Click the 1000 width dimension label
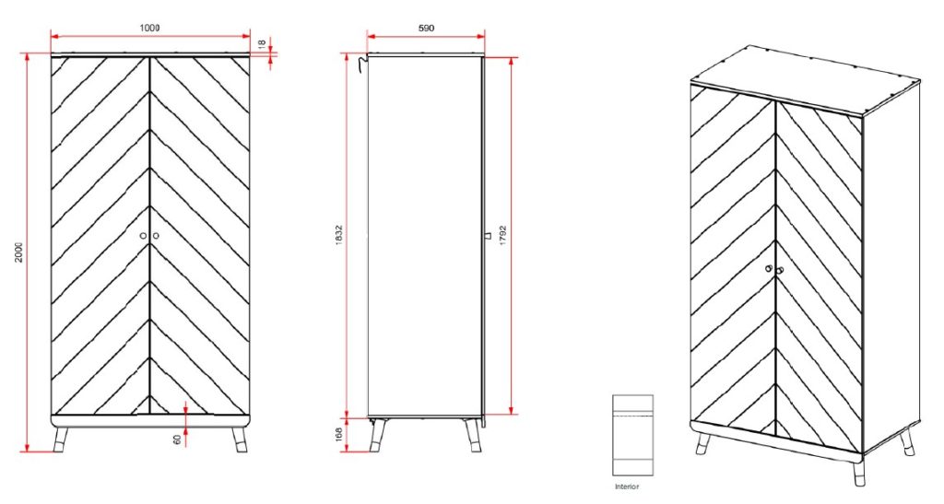(149, 28)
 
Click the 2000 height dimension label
(19, 252)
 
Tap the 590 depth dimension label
(426, 28)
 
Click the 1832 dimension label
(339, 234)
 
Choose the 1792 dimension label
(503, 234)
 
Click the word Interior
(627, 486)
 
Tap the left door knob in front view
(144, 237)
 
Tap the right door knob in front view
(155, 237)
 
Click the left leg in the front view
(62, 440)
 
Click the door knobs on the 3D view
(773, 269)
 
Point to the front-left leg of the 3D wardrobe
(702, 443)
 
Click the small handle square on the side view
(487, 237)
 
